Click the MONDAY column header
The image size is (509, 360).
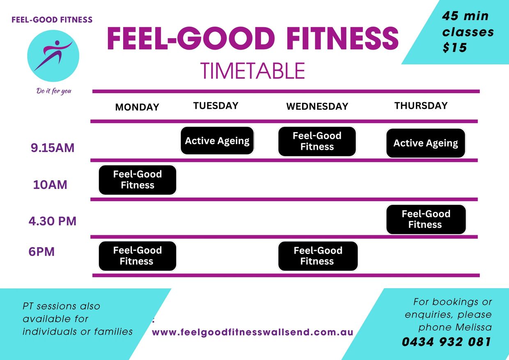[137, 107]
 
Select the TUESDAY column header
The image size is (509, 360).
[216, 105]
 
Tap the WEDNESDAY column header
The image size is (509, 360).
[317, 106]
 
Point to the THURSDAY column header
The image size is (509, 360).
[421, 105]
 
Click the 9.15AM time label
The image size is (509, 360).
[53, 148]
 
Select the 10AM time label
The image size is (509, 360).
[50, 185]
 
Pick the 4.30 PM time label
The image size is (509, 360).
[53, 221]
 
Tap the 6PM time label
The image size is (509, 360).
[41, 252]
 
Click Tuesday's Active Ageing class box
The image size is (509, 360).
[217, 141]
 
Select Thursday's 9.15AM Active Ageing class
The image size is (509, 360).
[426, 143]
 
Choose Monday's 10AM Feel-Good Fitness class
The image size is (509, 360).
[138, 180]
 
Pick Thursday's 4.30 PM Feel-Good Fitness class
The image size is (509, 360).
[426, 219]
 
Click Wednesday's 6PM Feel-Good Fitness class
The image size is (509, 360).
[318, 256]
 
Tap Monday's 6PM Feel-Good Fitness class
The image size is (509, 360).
[138, 256]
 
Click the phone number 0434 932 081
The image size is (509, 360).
[446, 342]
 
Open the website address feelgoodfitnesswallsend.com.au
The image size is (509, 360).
[252, 332]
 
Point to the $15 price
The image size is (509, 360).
[454, 48]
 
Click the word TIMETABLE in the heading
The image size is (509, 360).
[252, 71]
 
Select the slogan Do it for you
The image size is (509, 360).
[54, 91]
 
